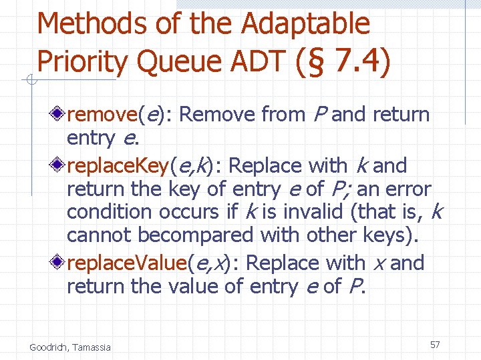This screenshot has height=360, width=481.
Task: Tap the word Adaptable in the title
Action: tap(305, 24)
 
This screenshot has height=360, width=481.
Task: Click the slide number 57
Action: tap(435, 345)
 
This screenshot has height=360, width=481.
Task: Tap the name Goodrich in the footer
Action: tap(51, 347)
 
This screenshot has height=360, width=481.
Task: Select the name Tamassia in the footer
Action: tap(92, 347)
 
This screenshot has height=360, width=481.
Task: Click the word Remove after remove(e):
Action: tap(218, 115)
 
